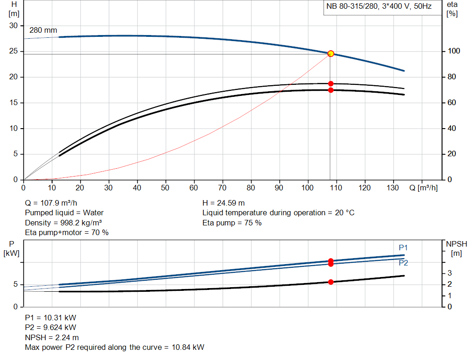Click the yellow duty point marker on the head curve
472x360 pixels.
(330, 54)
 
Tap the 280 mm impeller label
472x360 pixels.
(43, 30)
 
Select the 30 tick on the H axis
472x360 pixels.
(13, 26)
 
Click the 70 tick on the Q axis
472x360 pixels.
(223, 188)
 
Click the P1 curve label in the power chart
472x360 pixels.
(403, 248)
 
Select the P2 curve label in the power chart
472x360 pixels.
(403, 263)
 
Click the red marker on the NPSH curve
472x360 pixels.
(330, 282)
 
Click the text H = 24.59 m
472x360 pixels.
(224, 203)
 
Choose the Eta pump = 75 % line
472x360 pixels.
(232, 223)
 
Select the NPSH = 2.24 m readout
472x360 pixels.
(52, 337)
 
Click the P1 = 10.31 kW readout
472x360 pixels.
(51, 318)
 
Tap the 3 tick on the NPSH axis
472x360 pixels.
(450, 273)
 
